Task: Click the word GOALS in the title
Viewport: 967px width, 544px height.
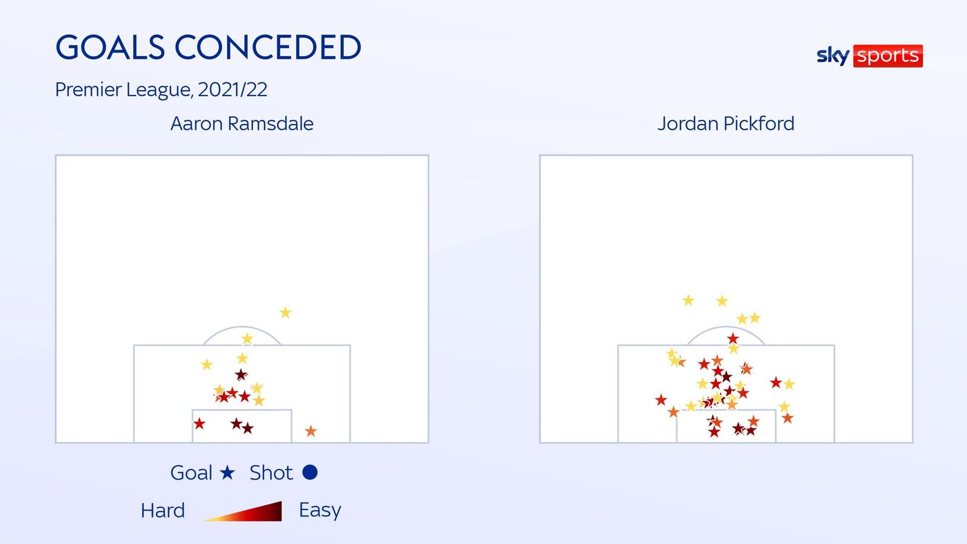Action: (110, 47)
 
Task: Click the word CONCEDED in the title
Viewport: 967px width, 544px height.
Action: (268, 47)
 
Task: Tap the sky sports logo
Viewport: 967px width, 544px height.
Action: (870, 56)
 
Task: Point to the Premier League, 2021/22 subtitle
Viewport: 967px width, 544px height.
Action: (161, 90)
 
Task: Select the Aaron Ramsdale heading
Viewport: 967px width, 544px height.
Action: (242, 123)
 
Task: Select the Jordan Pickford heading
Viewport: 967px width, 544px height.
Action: (726, 123)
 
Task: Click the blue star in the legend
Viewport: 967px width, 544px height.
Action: (227, 472)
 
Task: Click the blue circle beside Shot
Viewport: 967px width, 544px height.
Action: (310, 472)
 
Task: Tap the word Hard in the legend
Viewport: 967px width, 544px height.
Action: (163, 510)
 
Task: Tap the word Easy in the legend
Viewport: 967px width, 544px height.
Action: (320, 510)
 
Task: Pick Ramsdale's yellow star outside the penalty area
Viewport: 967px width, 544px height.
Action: (285, 312)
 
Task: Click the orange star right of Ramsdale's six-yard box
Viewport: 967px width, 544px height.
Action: (311, 431)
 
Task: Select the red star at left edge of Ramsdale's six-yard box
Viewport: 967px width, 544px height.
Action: (199, 424)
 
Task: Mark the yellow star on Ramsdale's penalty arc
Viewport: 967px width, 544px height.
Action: (247, 338)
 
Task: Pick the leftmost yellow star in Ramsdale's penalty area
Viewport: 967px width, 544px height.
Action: (207, 364)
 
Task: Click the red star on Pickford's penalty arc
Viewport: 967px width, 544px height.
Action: (733, 338)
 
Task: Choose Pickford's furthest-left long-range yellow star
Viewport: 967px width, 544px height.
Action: (688, 300)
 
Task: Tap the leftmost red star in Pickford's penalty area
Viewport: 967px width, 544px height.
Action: (661, 400)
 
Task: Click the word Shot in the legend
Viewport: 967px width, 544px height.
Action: (271, 472)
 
